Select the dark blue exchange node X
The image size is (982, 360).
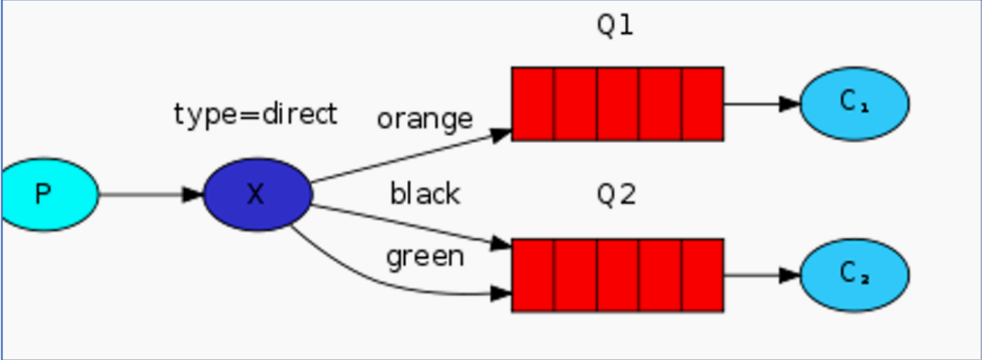pos(257,194)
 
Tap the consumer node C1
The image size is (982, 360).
pos(854,104)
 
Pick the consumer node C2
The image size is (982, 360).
pos(854,275)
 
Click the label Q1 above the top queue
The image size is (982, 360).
pos(615,25)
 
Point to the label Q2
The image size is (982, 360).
pos(616,195)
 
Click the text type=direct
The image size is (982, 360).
pos(255,114)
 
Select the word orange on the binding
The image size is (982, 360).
pos(424,118)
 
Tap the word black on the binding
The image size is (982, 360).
pos(425,193)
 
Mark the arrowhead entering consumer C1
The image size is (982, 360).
pos(790,104)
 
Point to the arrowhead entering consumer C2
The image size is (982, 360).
pos(790,275)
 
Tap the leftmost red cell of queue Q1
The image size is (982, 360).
pos(533,104)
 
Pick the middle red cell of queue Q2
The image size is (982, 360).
pos(617,275)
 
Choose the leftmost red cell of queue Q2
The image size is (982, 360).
pos(533,275)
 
